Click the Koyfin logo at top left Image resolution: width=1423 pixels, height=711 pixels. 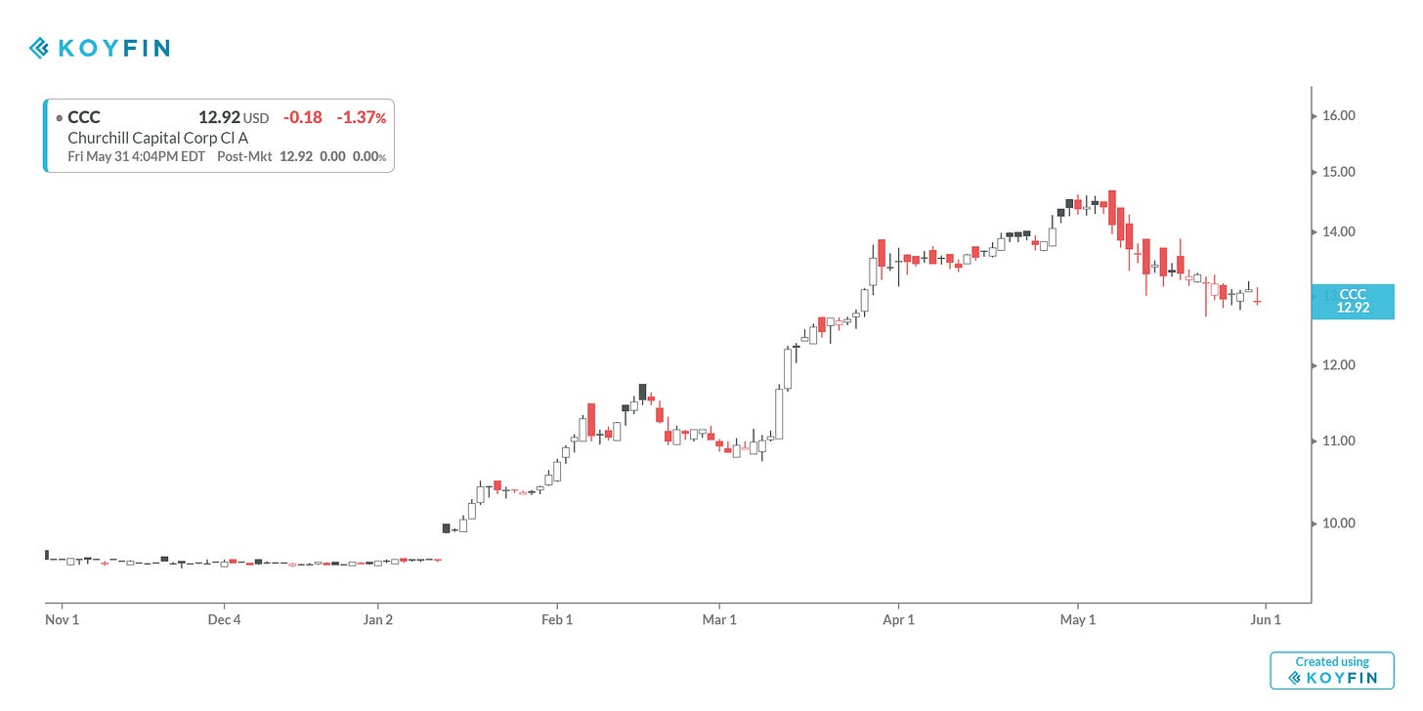[x=99, y=47]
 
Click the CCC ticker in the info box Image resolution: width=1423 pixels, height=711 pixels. [x=83, y=117]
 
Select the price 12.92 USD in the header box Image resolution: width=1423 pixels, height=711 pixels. [x=233, y=117]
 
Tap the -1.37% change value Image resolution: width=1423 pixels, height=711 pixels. [x=361, y=117]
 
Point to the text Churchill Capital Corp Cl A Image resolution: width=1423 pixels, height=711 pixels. [x=157, y=138]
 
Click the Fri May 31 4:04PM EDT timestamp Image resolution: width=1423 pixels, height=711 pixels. [x=136, y=156]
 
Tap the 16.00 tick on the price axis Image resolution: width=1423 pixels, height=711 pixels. [x=1338, y=115]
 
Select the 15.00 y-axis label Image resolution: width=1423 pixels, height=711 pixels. [x=1338, y=172]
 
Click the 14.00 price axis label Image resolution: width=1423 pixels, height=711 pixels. [x=1338, y=232]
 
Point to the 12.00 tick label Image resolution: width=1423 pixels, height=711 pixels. [x=1338, y=365]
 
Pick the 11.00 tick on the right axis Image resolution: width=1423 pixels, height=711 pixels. [x=1338, y=440]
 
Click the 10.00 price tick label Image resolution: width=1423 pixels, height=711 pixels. [x=1338, y=523]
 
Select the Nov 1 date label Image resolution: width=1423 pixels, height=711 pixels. [x=62, y=619]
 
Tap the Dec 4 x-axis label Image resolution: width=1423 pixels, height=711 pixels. [x=224, y=619]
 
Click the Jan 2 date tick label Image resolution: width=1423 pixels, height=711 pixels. [x=377, y=619]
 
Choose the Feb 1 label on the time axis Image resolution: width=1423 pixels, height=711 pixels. [x=556, y=619]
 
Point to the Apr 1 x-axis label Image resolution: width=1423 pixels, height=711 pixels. [x=898, y=619]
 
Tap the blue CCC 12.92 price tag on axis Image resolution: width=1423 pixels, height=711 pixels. [x=1353, y=301]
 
